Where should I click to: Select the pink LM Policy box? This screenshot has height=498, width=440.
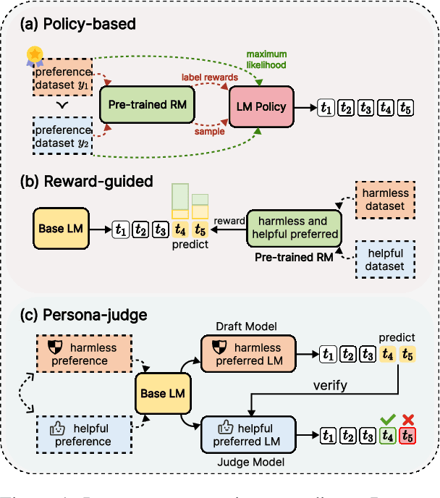click(x=262, y=106)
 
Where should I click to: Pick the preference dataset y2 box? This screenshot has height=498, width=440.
click(x=62, y=136)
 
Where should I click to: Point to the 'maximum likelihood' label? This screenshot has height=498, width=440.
click(x=266, y=59)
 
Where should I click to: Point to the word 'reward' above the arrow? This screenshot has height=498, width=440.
click(x=231, y=220)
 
